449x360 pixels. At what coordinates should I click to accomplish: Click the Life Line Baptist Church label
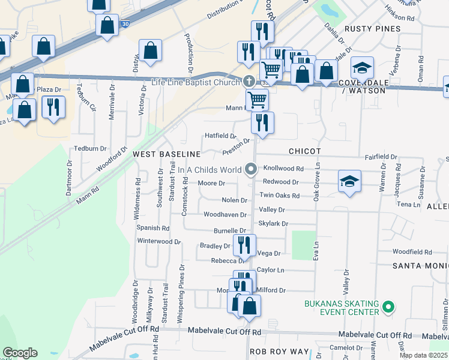coord(196,82)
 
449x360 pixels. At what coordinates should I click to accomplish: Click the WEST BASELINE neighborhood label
coord(166,154)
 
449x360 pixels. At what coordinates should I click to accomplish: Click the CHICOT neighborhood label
coord(304,151)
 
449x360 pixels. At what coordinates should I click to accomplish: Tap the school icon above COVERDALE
coord(363,67)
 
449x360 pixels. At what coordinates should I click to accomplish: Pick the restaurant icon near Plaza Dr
coord(53,107)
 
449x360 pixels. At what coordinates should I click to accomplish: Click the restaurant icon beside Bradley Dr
coord(244,244)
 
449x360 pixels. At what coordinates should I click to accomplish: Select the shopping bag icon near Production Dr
coord(150,50)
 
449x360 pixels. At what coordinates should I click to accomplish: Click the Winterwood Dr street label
coord(159,242)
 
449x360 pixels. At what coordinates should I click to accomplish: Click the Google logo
coord(20,353)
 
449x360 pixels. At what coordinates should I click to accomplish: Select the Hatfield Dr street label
coord(221,136)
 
